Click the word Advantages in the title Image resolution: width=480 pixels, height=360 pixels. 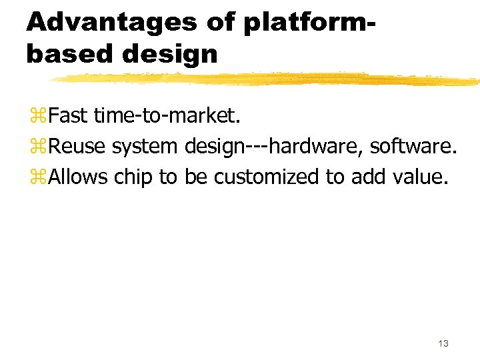(111, 22)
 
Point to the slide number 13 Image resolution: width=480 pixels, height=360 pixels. (443, 343)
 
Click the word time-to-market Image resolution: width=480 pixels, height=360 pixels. (165, 116)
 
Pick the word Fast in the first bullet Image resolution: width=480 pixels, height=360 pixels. (68, 116)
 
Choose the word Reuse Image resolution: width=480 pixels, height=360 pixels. (77, 146)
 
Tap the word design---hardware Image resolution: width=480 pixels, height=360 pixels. (273, 147)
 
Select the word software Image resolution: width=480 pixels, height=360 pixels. (413, 146)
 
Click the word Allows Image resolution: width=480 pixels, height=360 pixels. (79, 177)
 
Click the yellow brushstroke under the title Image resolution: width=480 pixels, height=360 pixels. (267, 79)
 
